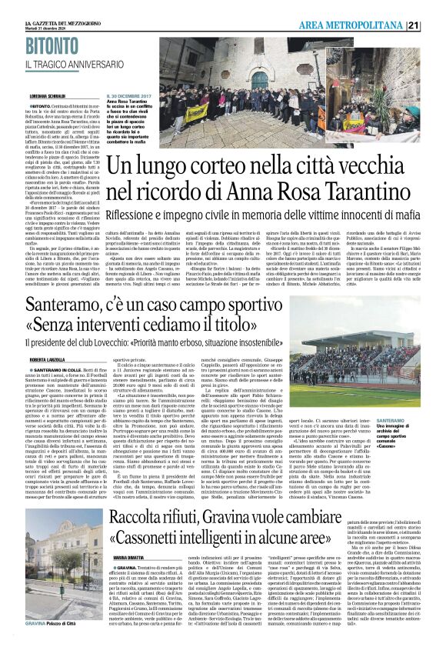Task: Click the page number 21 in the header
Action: click(x=435, y=25)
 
